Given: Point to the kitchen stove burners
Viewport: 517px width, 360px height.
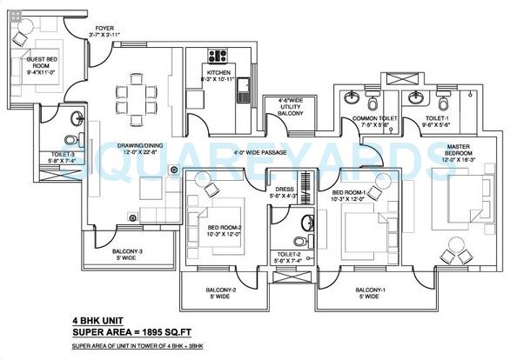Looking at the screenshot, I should (215, 53).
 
